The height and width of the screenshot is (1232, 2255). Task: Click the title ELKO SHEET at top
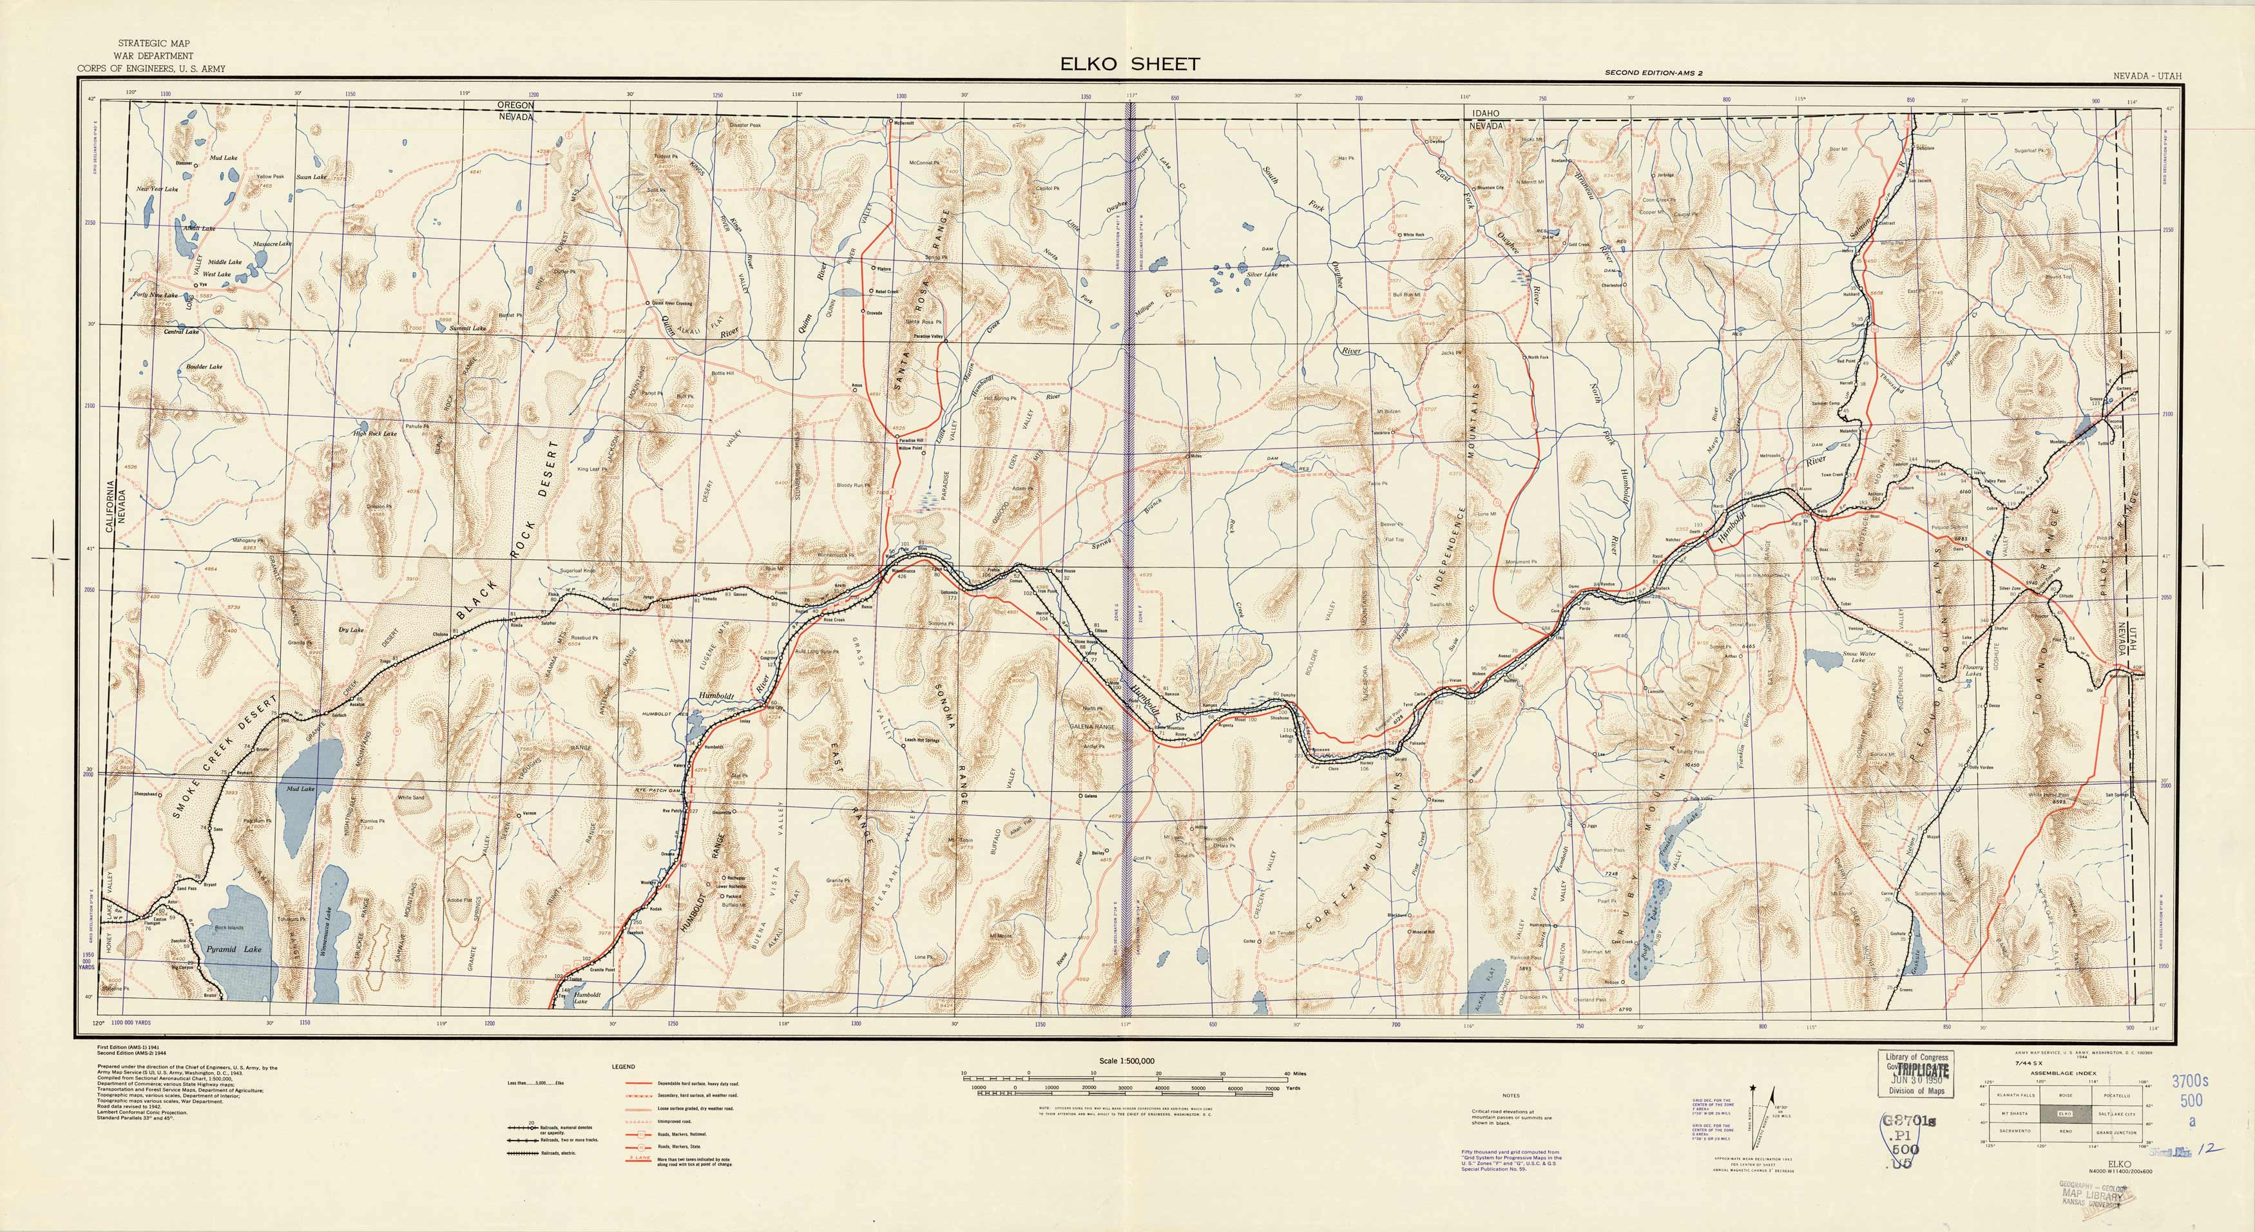(1130, 63)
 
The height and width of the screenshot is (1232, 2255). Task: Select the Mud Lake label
(300, 789)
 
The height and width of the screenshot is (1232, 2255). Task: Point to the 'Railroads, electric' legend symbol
(530, 1154)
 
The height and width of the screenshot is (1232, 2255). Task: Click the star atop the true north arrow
(1752, 1088)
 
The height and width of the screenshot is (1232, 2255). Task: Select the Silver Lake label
(1262, 274)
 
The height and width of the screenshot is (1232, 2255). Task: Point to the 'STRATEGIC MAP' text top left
(154, 44)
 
